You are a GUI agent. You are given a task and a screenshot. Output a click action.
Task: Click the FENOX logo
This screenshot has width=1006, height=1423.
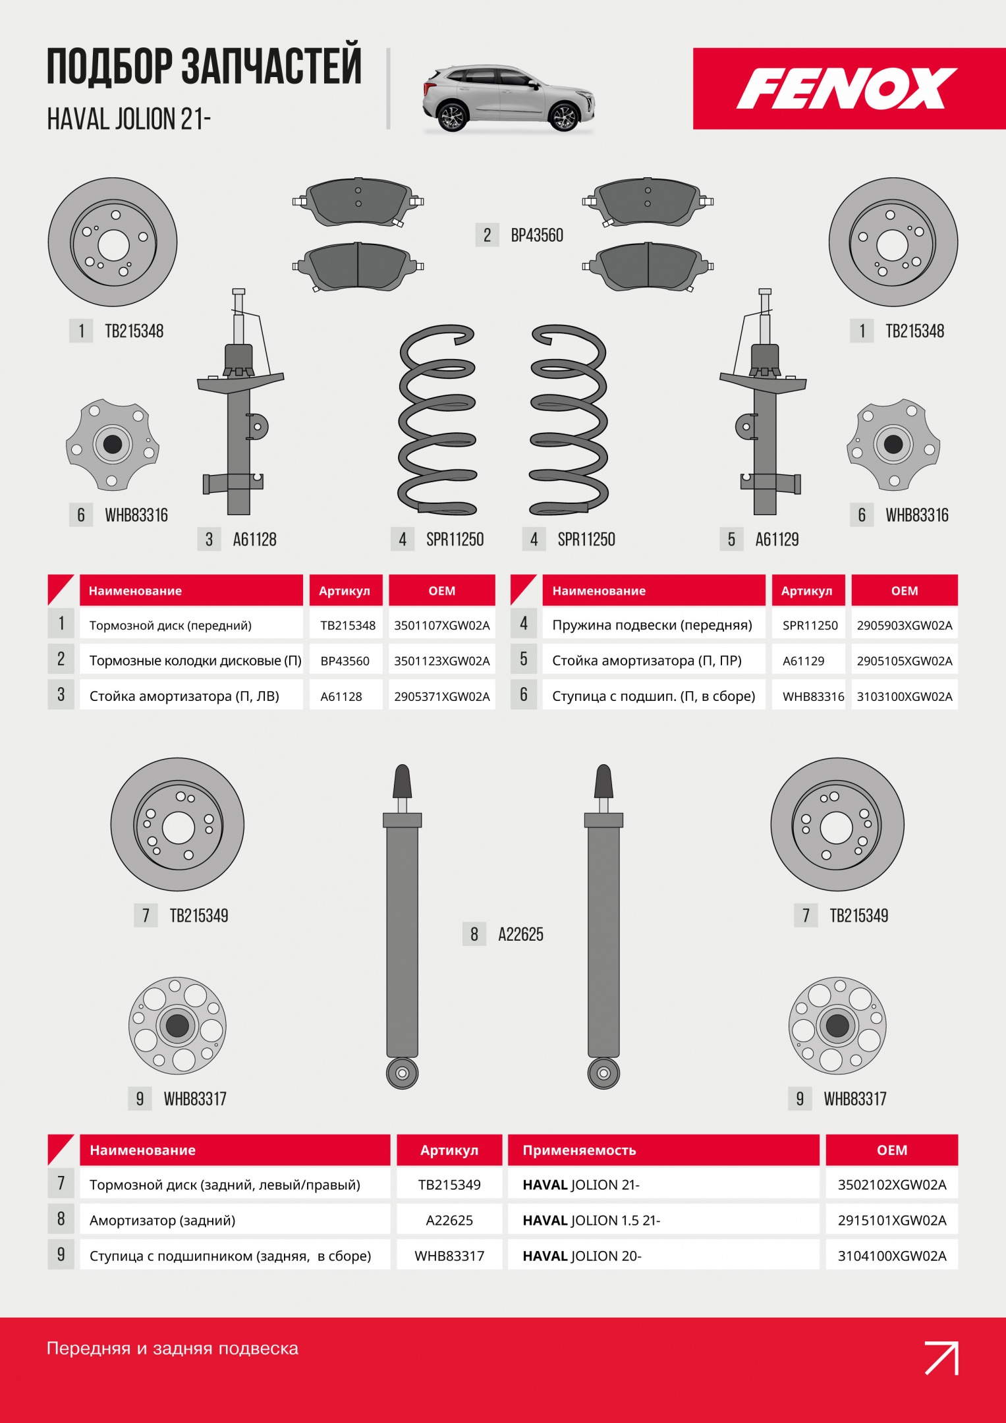coord(846,88)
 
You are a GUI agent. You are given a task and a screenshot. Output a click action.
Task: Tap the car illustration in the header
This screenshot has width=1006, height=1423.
coord(509,98)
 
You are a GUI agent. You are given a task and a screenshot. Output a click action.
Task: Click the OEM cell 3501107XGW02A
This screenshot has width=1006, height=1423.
coord(442,625)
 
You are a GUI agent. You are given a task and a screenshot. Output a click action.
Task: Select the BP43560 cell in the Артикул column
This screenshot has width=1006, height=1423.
coord(346,661)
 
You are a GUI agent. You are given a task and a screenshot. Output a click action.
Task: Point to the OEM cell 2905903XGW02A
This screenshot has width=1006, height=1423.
coord(905,625)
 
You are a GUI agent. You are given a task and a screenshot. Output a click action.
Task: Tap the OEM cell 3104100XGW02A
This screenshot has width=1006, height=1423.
coord(892,1256)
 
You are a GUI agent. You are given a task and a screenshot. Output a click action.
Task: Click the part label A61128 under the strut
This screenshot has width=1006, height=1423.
coord(254,540)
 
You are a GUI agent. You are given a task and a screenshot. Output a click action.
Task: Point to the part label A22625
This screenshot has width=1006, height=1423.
coord(520,934)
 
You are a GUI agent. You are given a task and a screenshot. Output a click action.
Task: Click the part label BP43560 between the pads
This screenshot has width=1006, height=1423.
coord(537,235)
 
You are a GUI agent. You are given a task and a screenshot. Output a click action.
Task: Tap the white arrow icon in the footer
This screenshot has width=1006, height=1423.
coord(941,1358)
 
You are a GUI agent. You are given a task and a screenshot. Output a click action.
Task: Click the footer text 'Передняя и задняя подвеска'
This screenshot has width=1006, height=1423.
coord(173,1348)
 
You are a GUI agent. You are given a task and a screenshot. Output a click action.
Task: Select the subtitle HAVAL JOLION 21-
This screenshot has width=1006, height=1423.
coord(129,119)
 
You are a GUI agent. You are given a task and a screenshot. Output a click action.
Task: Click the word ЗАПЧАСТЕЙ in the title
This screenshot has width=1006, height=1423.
coord(271,66)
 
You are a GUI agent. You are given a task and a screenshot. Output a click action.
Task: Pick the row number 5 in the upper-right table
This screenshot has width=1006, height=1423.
coord(524,659)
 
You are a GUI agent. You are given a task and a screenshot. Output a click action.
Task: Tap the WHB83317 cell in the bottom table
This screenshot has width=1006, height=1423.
coord(449,1256)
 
